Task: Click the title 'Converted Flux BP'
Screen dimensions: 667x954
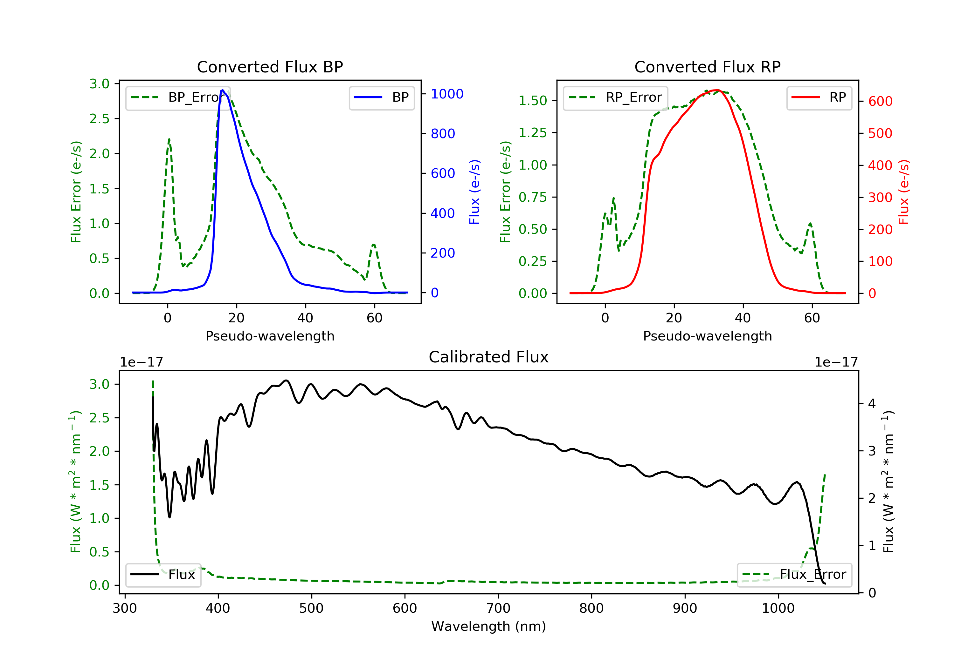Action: (x=270, y=67)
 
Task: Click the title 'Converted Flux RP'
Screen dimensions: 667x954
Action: (x=707, y=67)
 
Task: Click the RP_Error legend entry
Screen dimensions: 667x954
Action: (x=615, y=98)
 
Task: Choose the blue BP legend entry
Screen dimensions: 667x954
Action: (x=381, y=98)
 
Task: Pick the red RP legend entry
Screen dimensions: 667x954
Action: (x=819, y=98)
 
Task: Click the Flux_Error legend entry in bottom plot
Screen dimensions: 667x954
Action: (x=794, y=575)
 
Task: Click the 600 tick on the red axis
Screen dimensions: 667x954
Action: (x=880, y=101)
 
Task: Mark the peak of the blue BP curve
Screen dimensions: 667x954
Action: (x=223, y=90)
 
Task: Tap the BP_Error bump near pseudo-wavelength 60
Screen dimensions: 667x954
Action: (x=374, y=245)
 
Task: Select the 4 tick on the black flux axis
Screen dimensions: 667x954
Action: (x=872, y=403)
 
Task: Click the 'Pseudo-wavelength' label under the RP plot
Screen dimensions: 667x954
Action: (x=707, y=336)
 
